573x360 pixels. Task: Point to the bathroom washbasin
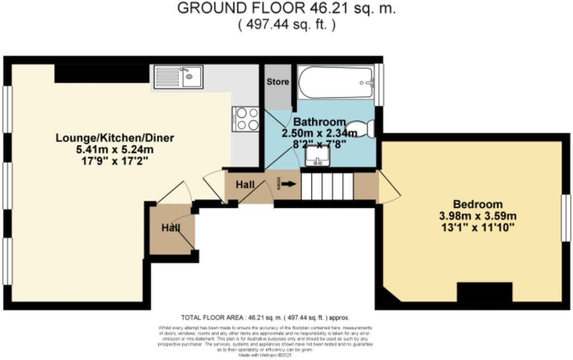pyautogui.click(x=318, y=157)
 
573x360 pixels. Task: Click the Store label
pyautogui.click(x=278, y=82)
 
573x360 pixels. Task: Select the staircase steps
pyautogui.click(x=327, y=186)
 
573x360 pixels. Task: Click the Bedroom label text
pyautogui.click(x=477, y=204)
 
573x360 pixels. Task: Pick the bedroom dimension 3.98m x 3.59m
pyautogui.click(x=477, y=216)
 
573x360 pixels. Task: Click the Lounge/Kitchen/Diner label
pyautogui.click(x=115, y=138)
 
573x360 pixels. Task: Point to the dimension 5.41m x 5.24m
pyautogui.click(x=115, y=150)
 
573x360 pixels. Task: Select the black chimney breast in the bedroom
pyautogui.click(x=484, y=292)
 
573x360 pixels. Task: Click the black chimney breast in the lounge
pyautogui.click(x=102, y=73)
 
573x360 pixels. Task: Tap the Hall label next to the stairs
pyautogui.click(x=245, y=185)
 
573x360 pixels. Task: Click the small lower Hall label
pyautogui.click(x=171, y=228)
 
